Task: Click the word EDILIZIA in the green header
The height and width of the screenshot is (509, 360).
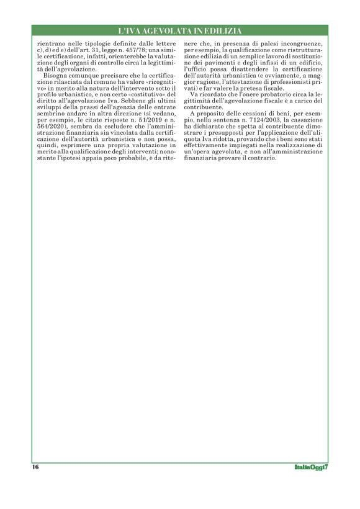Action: tap(221, 30)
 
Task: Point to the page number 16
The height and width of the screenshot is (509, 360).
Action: tap(35, 467)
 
